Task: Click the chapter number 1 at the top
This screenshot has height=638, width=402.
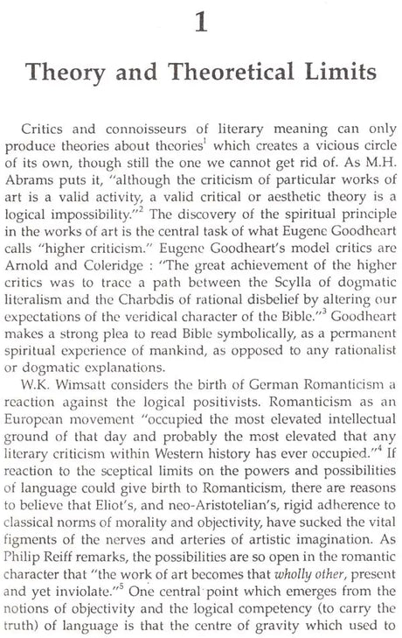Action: pos(200,19)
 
